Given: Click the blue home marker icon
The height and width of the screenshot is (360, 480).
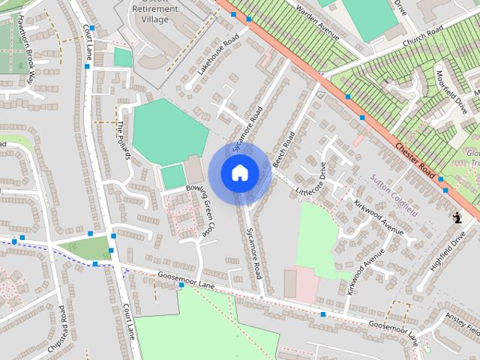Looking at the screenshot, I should pyautogui.click(x=239, y=172).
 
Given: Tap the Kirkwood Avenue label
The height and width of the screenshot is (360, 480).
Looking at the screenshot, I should pyautogui.click(x=379, y=212).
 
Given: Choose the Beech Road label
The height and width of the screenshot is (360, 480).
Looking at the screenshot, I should pyautogui.click(x=284, y=149).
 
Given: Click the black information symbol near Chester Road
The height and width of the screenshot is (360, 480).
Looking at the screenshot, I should pyautogui.click(x=457, y=217).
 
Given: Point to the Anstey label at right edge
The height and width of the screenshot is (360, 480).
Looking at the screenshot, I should pyautogui.click(x=460, y=322).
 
